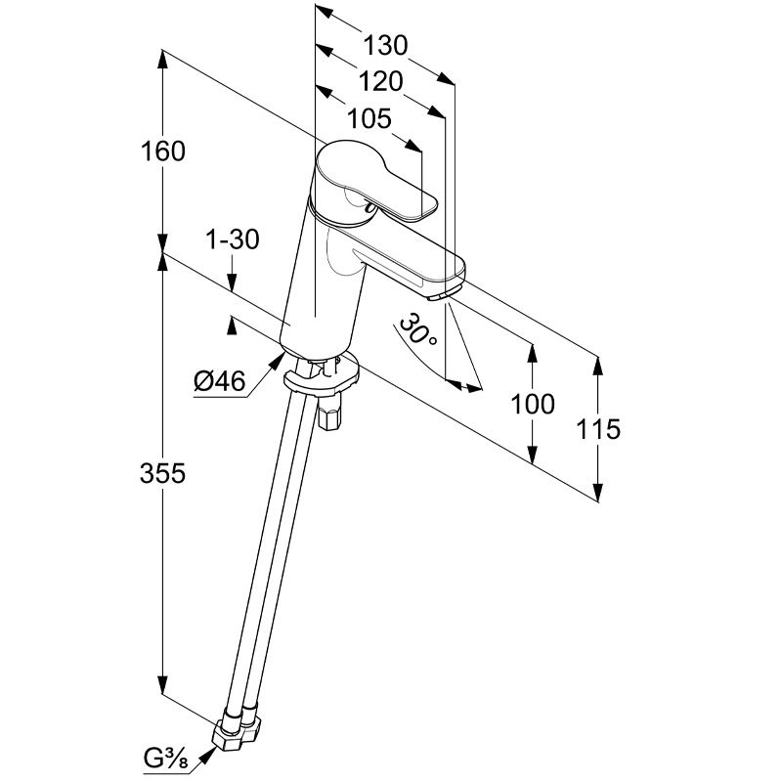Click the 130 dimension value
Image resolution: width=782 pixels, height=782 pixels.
pyautogui.click(x=384, y=45)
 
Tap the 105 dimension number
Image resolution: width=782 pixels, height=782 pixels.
pyautogui.click(x=369, y=119)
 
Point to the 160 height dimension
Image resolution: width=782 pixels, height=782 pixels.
pyautogui.click(x=162, y=152)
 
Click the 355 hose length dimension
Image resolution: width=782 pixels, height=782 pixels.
pyautogui.click(x=161, y=473)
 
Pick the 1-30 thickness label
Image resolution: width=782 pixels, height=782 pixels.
pyautogui.click(x=233, y=239)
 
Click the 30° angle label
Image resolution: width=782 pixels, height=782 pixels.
pyautogui.click(x=418, y=332)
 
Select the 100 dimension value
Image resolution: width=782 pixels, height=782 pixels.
pyautogui.click(x=533, y=404)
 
